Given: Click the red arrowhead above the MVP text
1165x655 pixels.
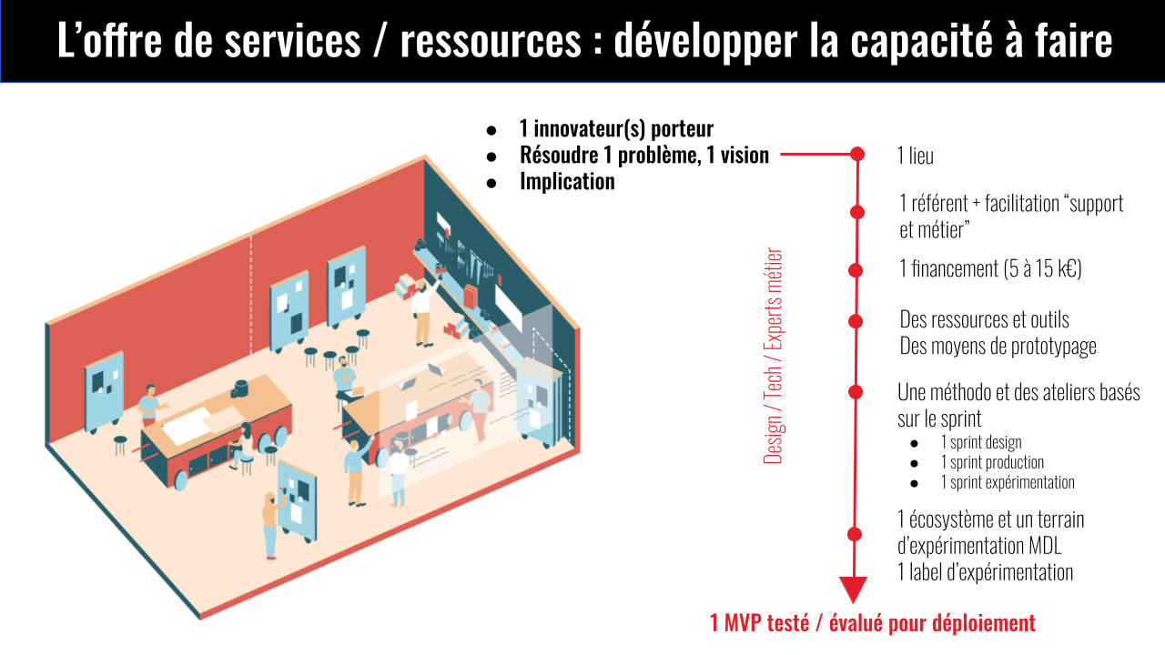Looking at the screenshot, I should point(853,589).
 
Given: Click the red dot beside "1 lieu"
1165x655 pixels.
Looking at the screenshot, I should point(856,155).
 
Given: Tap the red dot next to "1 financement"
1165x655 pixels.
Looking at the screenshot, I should point(856,270).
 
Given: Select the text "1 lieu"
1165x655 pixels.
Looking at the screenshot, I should point(916,156).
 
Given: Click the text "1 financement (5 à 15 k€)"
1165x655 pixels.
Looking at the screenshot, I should point(989,269).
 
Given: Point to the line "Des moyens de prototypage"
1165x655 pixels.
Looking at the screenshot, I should point(998,346).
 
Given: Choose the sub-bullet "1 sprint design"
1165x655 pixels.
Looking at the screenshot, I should point(981,442).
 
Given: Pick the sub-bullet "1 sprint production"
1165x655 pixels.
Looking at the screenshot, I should point(992,462).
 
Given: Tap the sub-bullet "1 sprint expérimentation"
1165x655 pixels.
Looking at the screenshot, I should point(1008,482).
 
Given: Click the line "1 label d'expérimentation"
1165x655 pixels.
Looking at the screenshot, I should point(985,572).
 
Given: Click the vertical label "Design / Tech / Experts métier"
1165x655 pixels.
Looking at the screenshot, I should point(774,357).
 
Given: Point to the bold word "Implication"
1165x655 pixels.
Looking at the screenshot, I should point(567,181).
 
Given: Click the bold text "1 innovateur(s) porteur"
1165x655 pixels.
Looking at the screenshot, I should point(616,129).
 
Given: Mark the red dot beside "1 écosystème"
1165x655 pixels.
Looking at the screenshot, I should point(855,534).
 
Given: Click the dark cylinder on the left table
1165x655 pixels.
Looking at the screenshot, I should point(241,388).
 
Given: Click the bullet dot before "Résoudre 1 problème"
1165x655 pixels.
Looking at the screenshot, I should point(492,156).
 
